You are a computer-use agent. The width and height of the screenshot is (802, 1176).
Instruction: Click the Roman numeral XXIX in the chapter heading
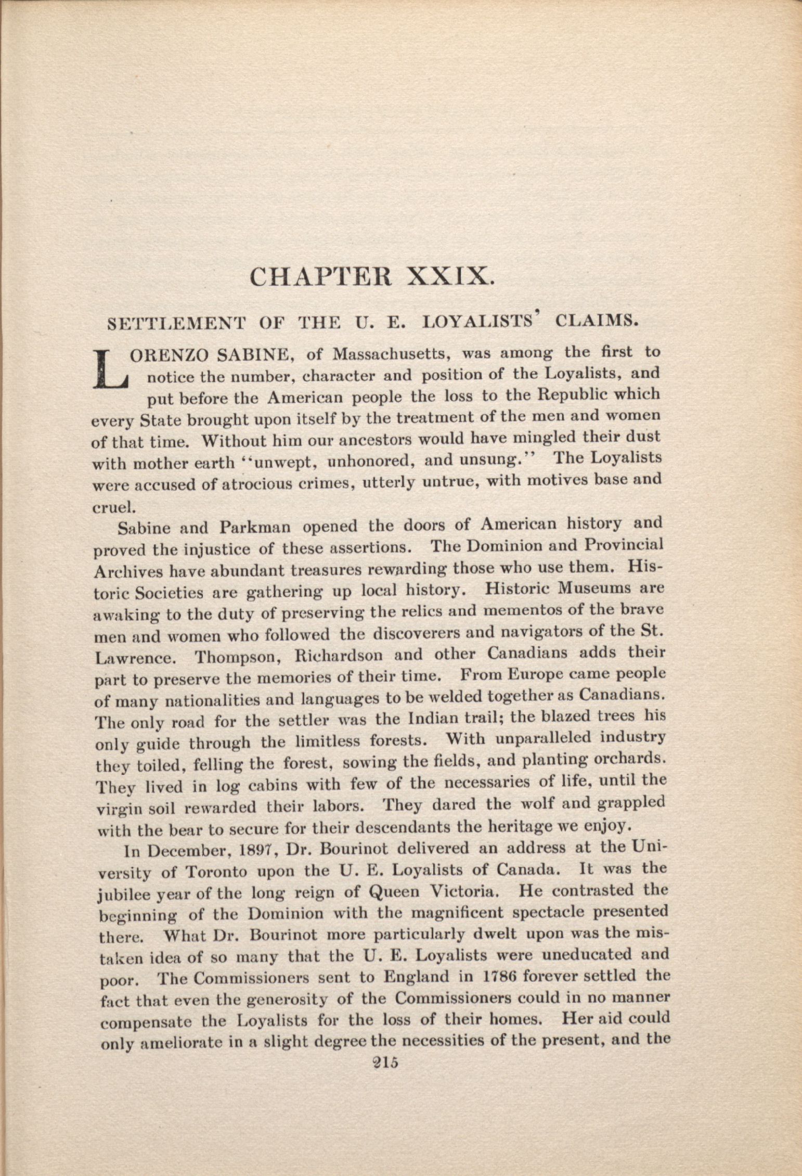pyautogui.click(x=449, y=275)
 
